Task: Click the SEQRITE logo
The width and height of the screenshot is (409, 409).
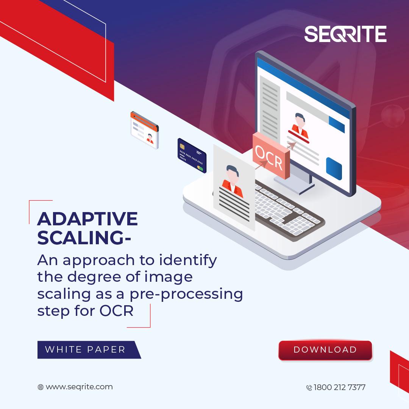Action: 345,34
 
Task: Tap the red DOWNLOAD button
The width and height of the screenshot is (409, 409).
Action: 325,350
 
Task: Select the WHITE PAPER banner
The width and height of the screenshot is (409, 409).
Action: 89,350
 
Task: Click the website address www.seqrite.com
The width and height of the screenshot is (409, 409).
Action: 79,387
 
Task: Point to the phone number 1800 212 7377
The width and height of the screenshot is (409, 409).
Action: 339,387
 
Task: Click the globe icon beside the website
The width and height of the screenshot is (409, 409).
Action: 41,387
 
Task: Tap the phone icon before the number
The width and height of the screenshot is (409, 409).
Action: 309,388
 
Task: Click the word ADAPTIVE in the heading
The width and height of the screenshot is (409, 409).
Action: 87,219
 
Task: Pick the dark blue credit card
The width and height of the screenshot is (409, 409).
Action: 192,156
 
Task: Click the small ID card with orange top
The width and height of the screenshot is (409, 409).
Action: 145,130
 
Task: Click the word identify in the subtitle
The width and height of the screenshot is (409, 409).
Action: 188,260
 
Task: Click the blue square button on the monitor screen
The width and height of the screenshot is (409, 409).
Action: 334,169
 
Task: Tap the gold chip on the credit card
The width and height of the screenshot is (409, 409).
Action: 182,146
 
